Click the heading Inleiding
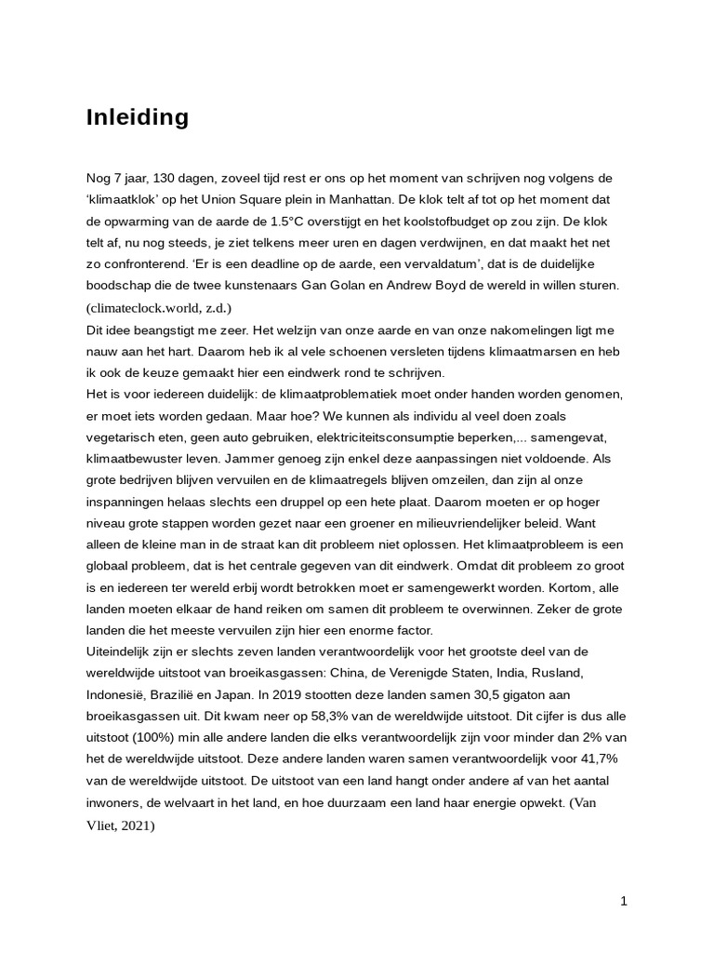(x=138, y=117)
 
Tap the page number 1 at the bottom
(x=624, y=901)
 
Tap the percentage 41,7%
(x=598, y=758)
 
